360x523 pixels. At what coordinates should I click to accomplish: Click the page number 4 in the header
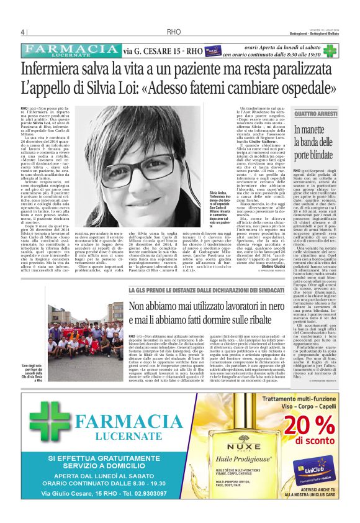(x=22, y=32)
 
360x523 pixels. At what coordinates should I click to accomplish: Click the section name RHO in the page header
(x=174, y=32)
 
